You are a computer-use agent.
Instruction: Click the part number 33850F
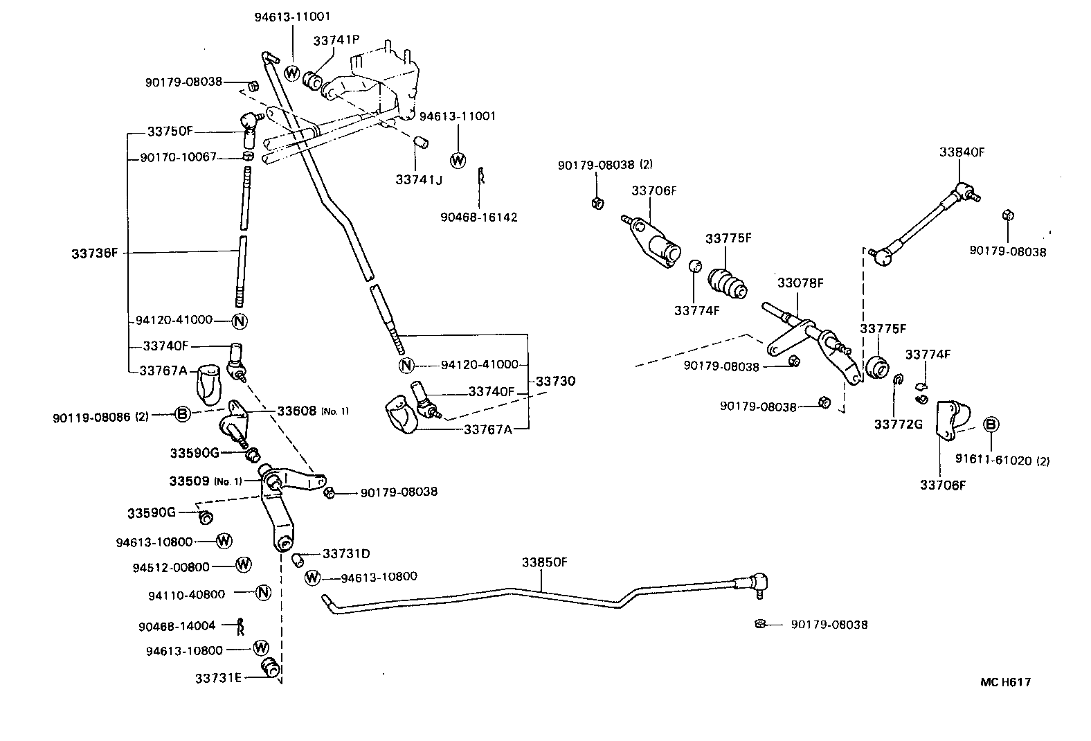[x=544, y=562]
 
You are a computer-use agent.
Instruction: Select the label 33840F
[x=962, y=152]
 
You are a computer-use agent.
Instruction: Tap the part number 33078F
[x=800, y=283]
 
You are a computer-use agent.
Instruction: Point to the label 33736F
[x=95, y=253]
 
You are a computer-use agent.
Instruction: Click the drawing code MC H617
[x=1005, y=682]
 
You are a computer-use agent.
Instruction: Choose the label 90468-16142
[x=478, y=217]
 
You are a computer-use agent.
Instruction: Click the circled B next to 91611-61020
[x=991, y=425]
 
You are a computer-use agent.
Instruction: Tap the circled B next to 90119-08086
[x=181, y=414]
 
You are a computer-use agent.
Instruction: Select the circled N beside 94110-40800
[x=262, y=592]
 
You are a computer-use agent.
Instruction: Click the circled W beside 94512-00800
[x=243, y=564]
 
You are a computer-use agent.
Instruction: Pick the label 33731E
[x=218, y=678]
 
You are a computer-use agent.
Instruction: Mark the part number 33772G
[x=898, y=424]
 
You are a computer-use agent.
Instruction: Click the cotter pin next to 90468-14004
[x=240, y=626]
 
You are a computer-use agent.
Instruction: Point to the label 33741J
[x=418, y=179]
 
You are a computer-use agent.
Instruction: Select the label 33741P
[x=336, y=41]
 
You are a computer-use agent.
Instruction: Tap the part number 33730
[x=555, y=381]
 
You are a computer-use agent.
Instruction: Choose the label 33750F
[x=170, y=131]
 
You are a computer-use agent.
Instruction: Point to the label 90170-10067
[x=179, y=157]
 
